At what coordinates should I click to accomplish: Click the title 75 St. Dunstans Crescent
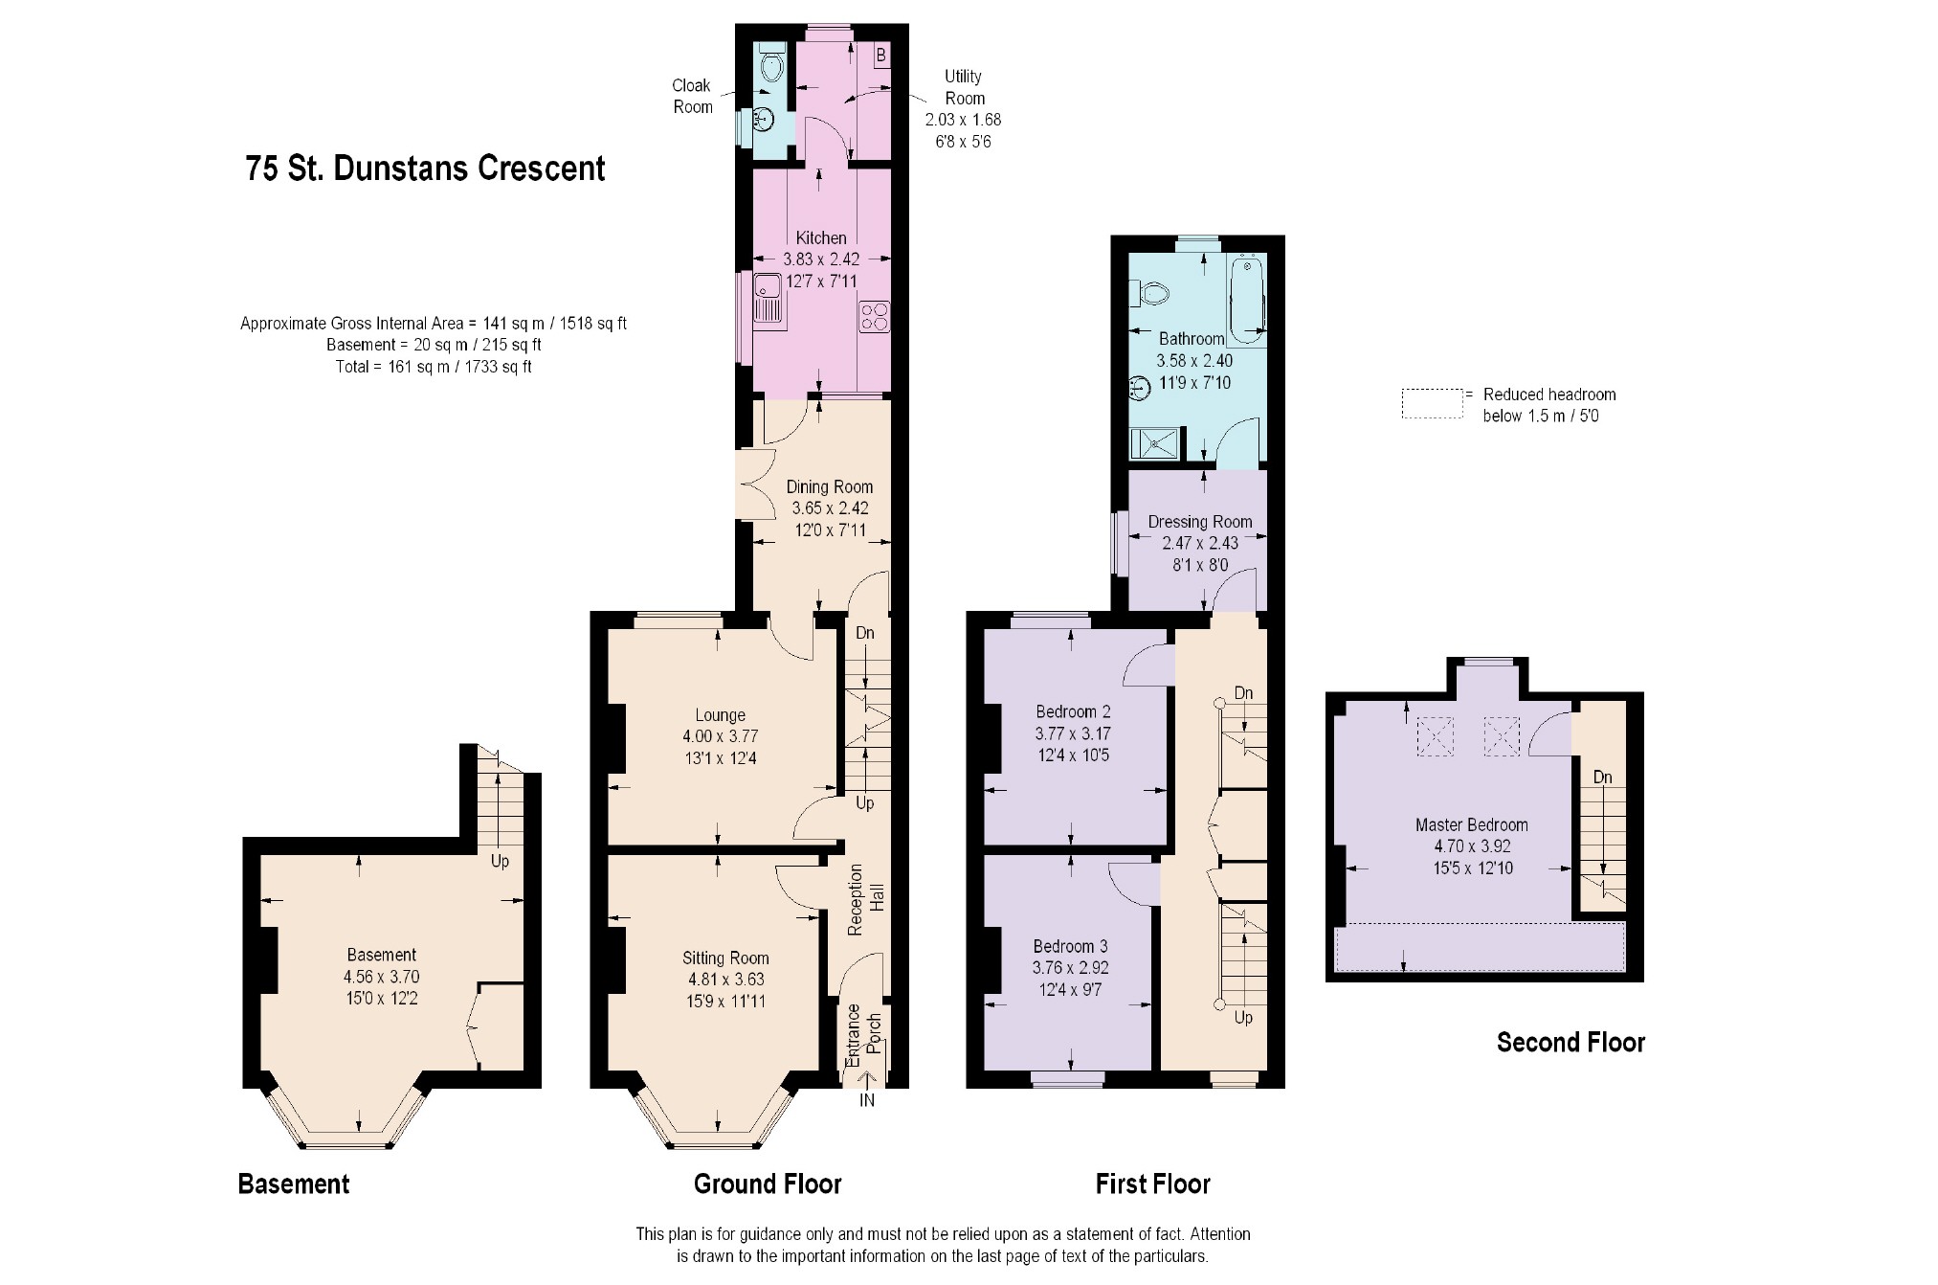pyautogui.click(x=425, y=169)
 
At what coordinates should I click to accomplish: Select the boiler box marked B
pyautogui.click(x=880, y=56)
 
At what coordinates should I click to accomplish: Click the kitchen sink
pyautogui.click(x=769, y=298)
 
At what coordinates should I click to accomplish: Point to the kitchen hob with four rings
pyautogui.click(x=875, y=316)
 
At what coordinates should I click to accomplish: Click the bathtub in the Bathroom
pyautogui.click(x=1248, y=300)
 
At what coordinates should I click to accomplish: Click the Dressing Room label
pyautogui.click(x=1200, y=522)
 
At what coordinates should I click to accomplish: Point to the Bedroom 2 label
pyautogui.click(x=1073, y=711)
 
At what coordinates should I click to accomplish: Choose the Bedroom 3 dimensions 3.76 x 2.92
pyautogui.click(x=1070, y=968)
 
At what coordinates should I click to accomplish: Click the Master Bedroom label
pyautogui.click(x=1471, y=824)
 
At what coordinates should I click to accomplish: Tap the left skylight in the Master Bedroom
pyautogui.click(x=1435, y=736)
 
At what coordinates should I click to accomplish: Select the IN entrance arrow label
pyautogui.click(x=867, y=1101)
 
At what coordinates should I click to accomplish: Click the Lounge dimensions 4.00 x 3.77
pyautogui.click(x=720, y=736)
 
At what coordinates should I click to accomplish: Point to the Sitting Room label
pyautogui.click(x=725, y=958)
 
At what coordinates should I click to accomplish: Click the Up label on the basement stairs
pyautogui.click(x=500, y=861)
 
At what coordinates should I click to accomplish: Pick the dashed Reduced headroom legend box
pyautogui.click(x=1433, y=403)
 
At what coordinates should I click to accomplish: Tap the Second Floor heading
pyautogui.click(x=1570, y=1043)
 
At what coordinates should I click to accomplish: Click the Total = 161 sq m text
pyautogui.click(x=434, y=367)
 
